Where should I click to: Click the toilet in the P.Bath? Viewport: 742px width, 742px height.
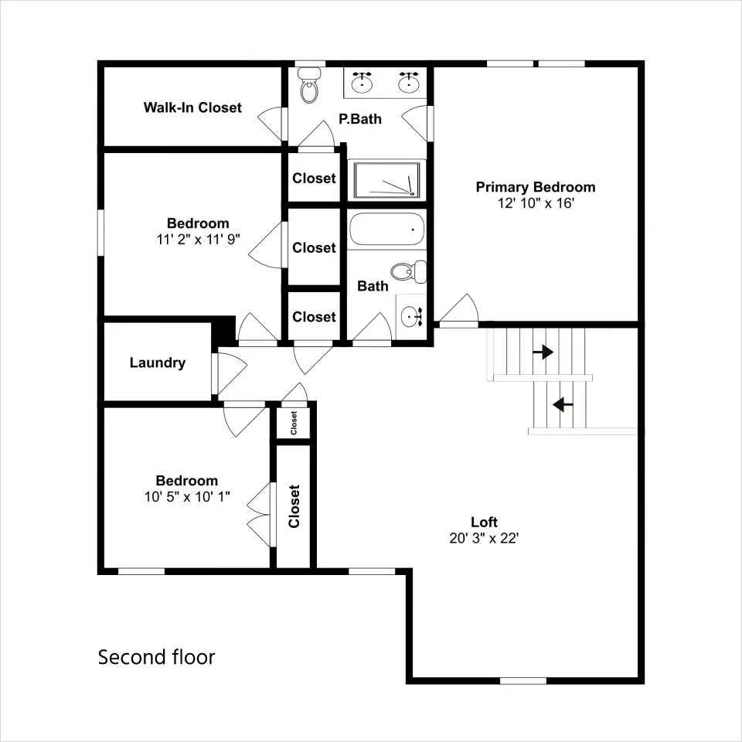point(310,85)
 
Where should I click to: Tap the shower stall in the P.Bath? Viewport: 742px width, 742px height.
point(386,180)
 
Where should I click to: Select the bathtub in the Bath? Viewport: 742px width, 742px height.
point(386,229)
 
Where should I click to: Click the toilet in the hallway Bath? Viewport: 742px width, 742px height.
point(408,271)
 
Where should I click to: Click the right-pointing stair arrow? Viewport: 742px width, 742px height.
point(543,352)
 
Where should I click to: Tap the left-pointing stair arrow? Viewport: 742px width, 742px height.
point(563,404)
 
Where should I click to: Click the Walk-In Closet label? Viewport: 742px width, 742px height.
point(192,108)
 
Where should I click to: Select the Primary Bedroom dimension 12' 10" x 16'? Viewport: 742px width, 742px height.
point(536,203)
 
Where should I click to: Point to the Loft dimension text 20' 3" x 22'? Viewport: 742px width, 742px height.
point(484,538)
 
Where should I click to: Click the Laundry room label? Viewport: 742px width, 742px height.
point(158,363)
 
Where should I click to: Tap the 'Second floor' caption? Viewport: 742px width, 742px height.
point(156,657)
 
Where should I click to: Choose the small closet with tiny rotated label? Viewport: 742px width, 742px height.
point(294,423)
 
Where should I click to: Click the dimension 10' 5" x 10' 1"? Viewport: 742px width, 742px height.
point(187,497)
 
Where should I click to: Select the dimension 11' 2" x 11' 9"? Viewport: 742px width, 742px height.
point(199,240)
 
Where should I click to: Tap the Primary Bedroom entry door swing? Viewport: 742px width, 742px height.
point(458,310)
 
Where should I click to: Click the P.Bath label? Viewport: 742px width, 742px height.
point(360,119)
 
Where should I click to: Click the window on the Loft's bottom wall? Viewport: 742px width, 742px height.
point(523,680)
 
